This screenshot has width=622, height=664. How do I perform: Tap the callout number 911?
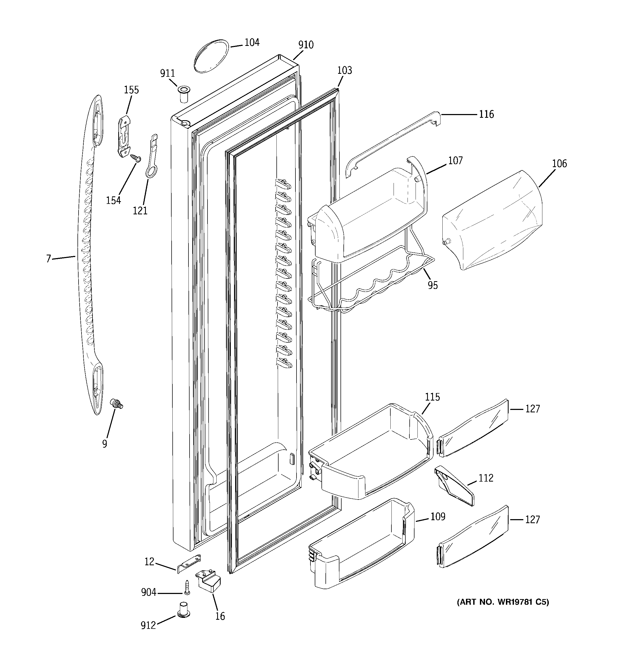[x=167, y=74]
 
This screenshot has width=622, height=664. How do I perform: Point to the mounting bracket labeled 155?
[x=124, y=136]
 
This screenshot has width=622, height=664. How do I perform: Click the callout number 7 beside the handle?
[x=49, y=259]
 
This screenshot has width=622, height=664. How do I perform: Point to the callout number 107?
[x=455, y=161]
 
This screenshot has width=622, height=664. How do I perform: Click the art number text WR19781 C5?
[x=502, y=602]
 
